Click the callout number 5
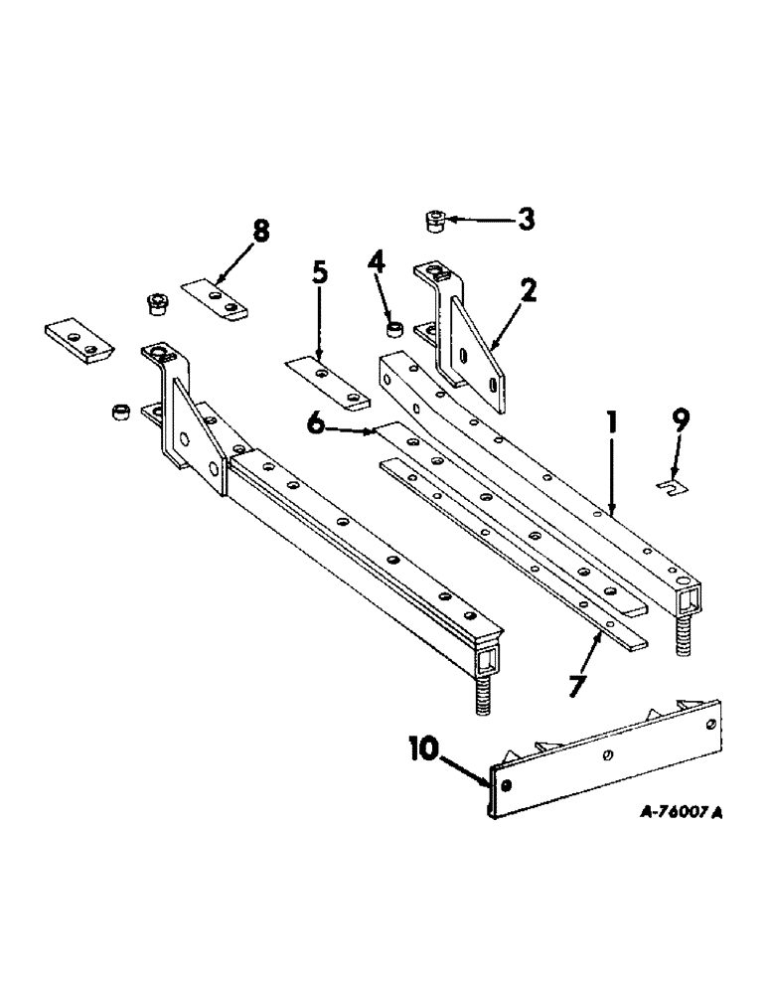(x=319, y=273)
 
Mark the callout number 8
(x=260, y=232)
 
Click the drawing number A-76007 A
(x=666, y=811)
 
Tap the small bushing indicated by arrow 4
(x=394, y=327)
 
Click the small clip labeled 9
(x=672, y=487)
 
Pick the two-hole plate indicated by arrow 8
(x=216, y=299)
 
